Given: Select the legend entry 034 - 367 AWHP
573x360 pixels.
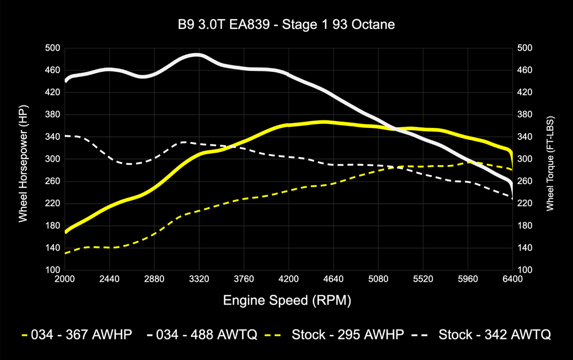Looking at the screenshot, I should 77,335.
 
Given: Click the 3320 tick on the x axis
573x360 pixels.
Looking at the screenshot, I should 199,279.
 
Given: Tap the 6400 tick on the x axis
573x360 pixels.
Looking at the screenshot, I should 512,279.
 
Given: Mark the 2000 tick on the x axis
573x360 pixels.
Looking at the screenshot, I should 64,279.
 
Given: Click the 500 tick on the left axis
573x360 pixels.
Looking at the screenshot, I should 53,48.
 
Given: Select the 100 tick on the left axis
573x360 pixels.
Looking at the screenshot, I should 53,270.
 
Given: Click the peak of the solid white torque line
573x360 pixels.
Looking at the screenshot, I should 196,55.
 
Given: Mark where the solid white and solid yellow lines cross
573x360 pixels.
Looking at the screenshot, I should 397,129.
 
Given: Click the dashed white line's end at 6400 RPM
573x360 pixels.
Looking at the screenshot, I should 512,198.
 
